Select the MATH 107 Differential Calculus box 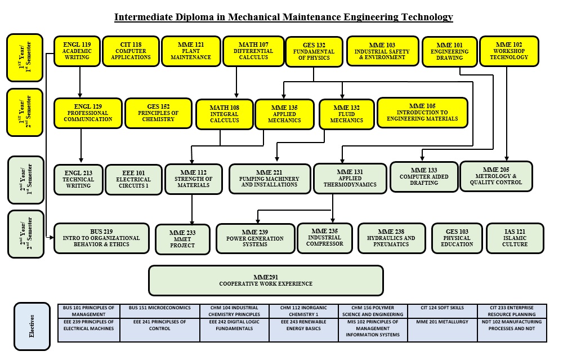click(253, 51)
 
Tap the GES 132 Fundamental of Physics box click(314, 52)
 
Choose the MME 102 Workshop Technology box click(508, 51)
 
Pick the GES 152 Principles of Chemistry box click(158, 113)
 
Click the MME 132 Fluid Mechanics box click(346, 114)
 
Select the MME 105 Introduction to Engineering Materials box click(422, 112)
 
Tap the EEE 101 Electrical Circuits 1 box click(133, 179)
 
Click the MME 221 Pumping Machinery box click(270, 179)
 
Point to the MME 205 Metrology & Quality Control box click(496, 176)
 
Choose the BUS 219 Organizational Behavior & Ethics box click(101, 238)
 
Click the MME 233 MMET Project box click(182, 239)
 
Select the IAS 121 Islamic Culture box click(515, 238)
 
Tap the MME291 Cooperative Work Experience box click(266, 280)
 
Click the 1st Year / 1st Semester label click(25, 57)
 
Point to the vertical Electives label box click(32, 326)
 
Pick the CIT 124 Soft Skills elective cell click(443, 308)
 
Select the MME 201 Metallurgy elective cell click(443, 322)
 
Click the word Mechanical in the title click(245, 17)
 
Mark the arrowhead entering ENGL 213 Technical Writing click(81, 162)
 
